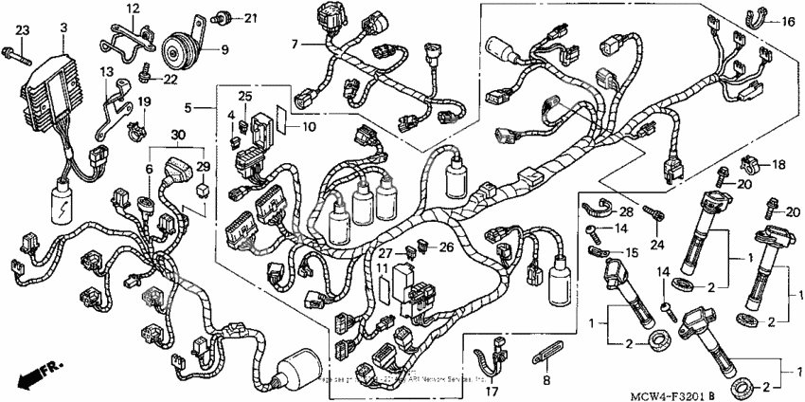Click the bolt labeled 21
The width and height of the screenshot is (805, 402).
point(225,16)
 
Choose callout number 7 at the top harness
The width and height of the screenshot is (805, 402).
point(295,44)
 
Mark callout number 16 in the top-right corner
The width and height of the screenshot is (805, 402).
point(788,20)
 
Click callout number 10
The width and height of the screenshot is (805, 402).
point(309,126)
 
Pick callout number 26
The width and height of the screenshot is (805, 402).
point(445,247)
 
